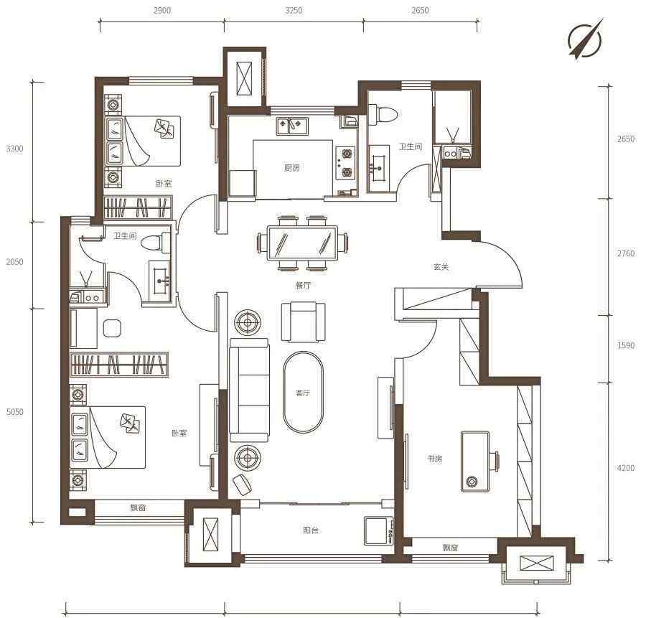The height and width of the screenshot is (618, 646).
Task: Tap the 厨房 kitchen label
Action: pos(291,168)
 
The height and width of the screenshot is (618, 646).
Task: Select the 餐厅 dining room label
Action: pos(303,285)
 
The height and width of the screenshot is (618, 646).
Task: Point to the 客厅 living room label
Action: pos(303,393)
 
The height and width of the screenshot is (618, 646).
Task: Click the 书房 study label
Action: pos(435,459)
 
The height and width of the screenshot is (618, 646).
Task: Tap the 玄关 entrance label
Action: pos(441,267)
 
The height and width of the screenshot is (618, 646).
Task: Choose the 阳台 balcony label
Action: pos(311,530)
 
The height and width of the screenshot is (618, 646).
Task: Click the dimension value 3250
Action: pos(294,10)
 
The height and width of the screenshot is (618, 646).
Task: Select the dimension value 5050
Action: pos(15,411)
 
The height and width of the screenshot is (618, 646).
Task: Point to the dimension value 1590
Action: pos(626,345)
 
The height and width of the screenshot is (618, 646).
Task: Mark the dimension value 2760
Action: pos(626,253)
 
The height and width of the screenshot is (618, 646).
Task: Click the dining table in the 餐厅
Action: pos(303,243)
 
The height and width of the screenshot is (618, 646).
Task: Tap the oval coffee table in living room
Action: pos(303,392)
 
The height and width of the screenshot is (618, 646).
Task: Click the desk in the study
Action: pos(475,462)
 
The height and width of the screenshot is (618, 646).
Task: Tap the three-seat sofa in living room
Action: pos(249,390)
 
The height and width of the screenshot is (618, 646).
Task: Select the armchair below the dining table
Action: pos(303,322)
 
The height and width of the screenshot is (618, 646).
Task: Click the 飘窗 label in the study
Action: pos(450,548)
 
